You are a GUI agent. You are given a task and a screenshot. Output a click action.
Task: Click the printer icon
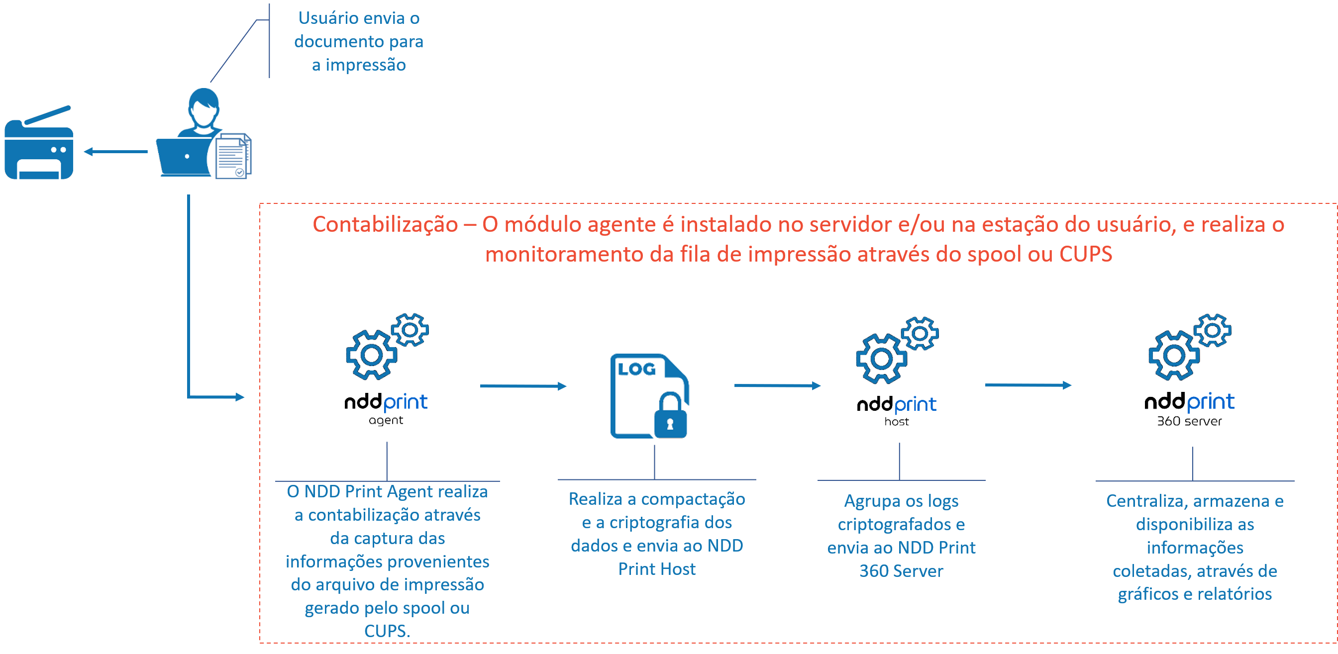39,142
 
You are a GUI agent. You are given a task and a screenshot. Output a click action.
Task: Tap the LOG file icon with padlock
650,396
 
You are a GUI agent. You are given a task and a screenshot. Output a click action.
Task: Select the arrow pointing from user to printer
115,152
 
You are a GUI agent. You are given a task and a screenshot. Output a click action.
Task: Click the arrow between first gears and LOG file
522,386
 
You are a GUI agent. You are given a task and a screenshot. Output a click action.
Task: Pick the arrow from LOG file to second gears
777,385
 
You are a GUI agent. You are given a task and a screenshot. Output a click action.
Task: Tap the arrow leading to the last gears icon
1028,385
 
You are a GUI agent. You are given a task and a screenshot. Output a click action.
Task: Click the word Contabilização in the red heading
385,225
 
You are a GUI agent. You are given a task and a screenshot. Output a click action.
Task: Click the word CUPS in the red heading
1086,254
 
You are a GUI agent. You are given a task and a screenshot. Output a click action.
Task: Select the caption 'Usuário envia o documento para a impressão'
358,41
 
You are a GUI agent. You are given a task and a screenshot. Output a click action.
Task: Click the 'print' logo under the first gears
405,403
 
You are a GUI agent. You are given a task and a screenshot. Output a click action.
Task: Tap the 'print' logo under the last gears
1210,403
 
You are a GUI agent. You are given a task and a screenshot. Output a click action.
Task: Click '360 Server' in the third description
901,571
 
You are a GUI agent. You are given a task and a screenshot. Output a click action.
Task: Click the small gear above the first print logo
410,329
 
